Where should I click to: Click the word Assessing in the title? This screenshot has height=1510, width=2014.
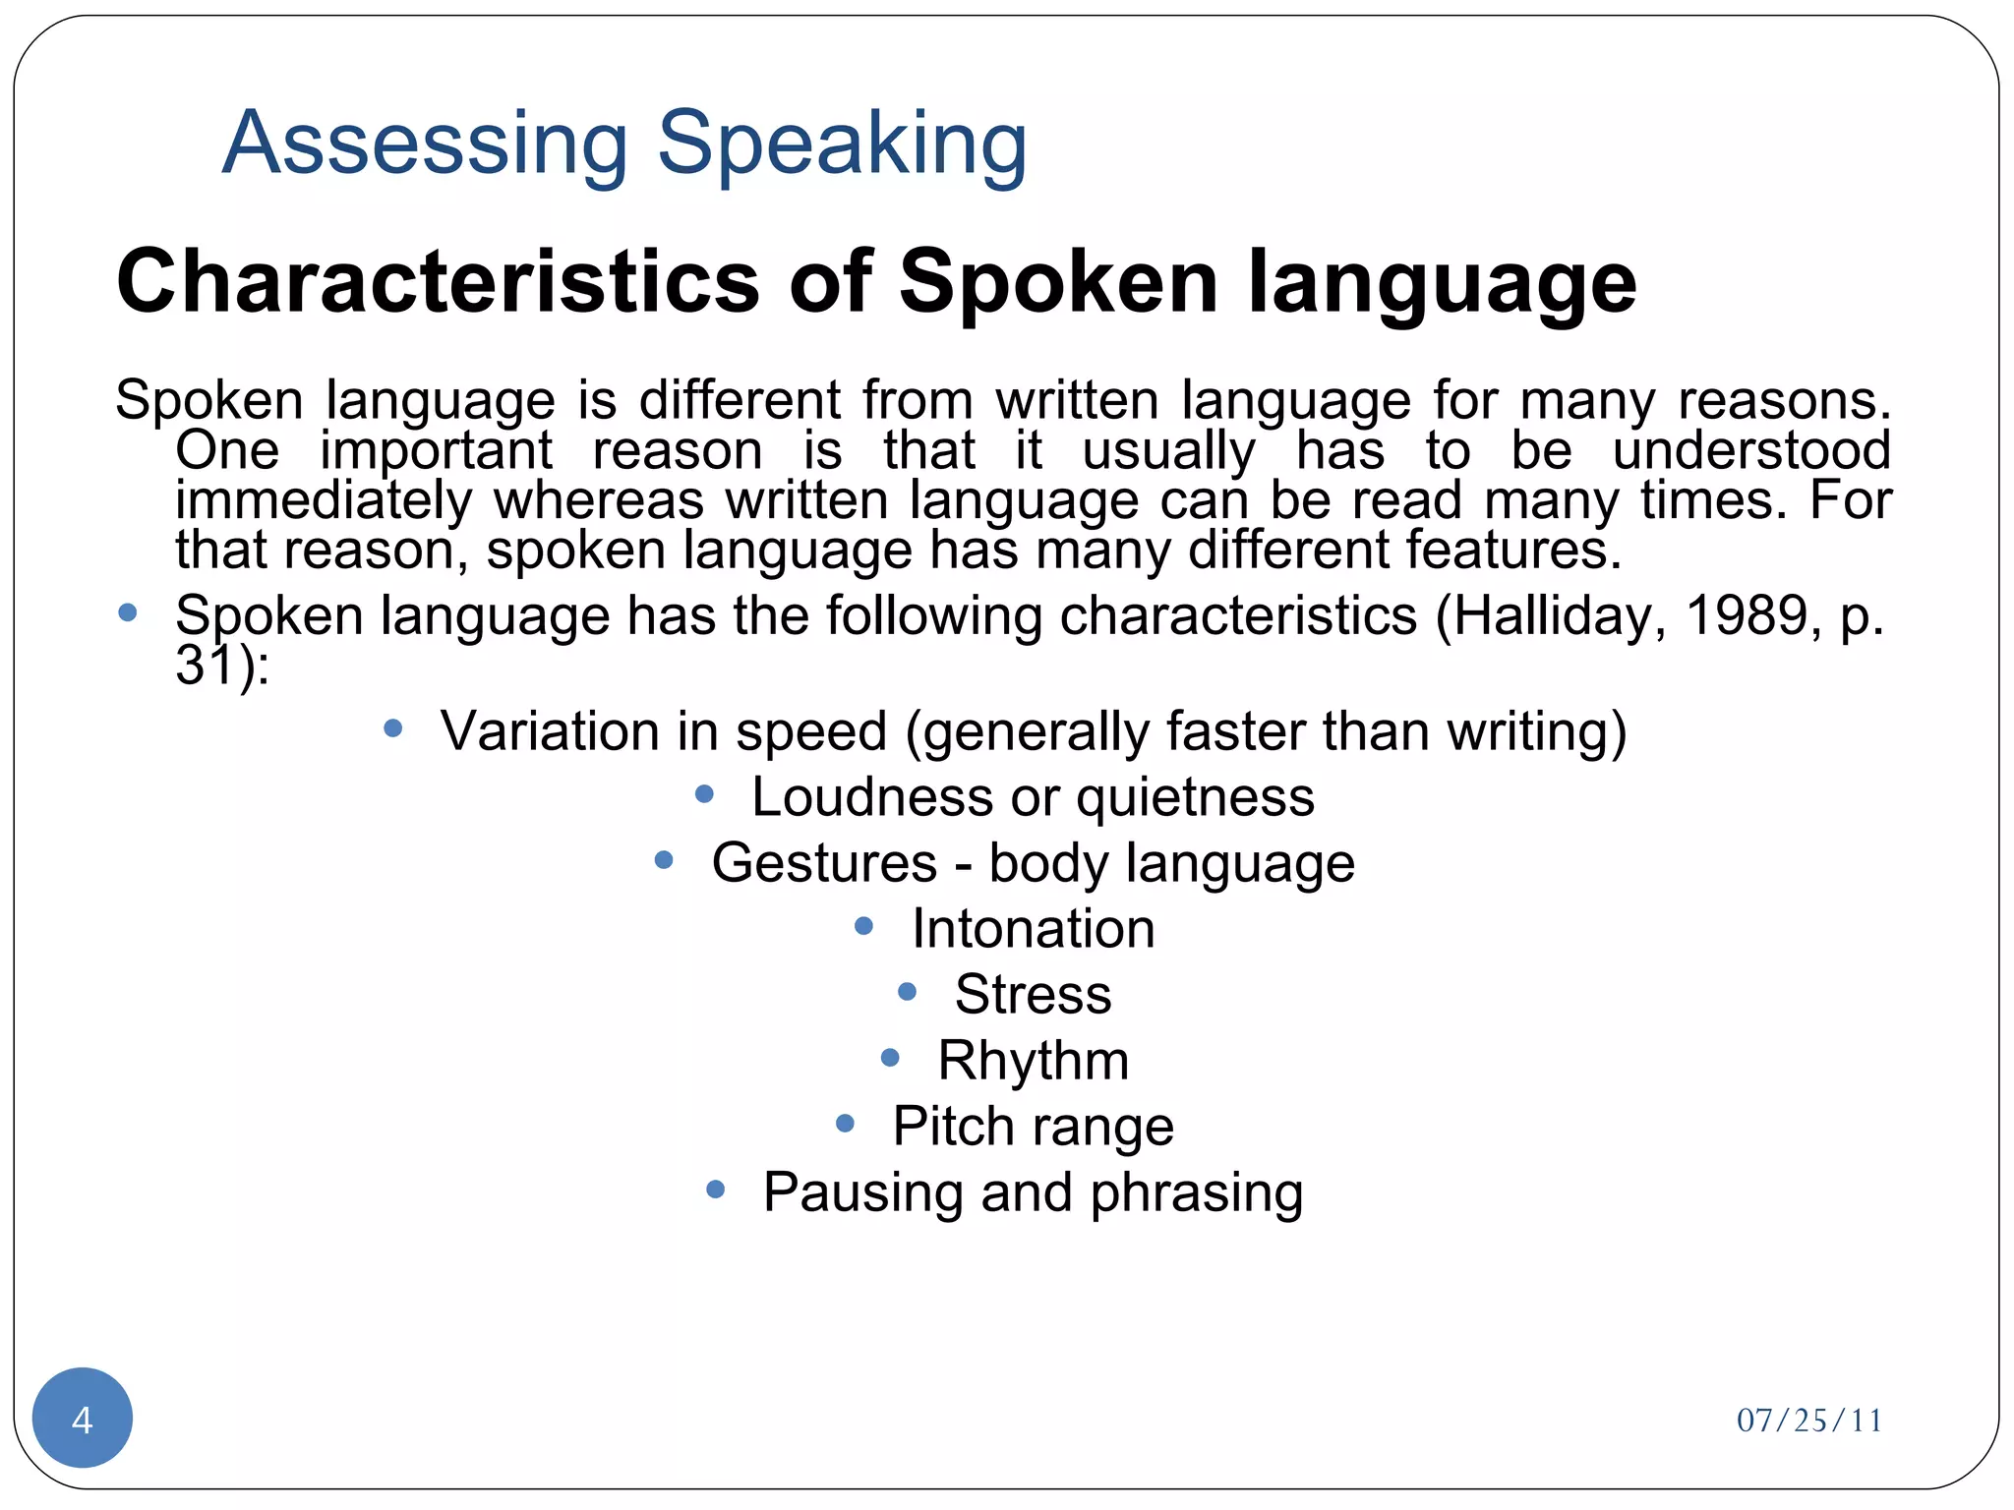point(425,144)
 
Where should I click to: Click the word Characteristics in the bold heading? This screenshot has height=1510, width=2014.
point(438,282)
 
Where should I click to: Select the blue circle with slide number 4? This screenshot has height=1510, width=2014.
point(83,1419)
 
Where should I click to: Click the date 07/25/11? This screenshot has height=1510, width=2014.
point(1809,1421)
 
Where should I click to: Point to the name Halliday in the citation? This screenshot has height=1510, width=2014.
point(1551,616)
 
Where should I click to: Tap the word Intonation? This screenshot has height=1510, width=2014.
point(1033,929)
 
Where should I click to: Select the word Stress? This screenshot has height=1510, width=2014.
point(1033,995)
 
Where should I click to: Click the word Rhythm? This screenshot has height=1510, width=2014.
point(1033,1061)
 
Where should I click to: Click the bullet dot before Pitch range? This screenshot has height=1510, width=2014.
point(845,1123)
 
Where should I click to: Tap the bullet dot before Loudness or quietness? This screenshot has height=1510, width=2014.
point(704,794)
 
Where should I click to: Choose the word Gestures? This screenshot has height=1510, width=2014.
point(824,863)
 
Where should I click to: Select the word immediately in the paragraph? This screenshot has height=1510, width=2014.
point(324,500)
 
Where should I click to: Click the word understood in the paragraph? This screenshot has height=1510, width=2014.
point(1751,451)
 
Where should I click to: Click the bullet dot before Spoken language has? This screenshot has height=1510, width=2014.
point(127,613)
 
